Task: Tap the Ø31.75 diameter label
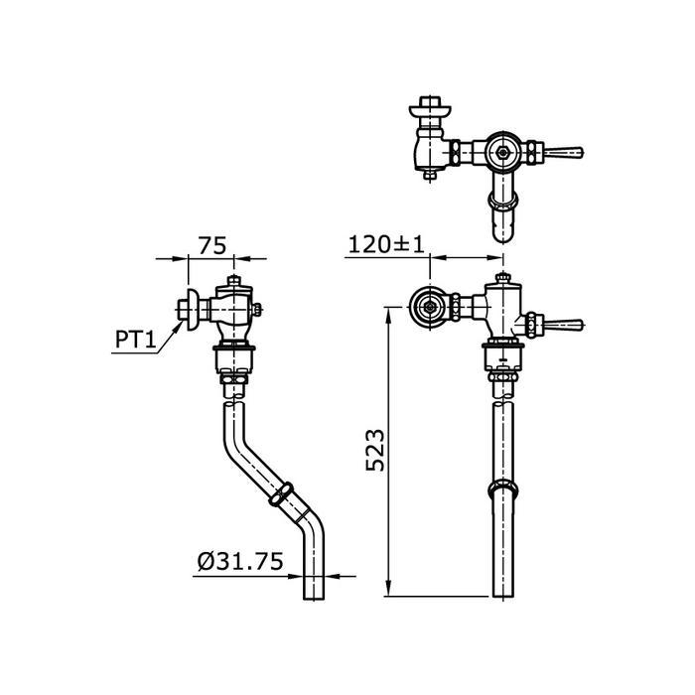239,562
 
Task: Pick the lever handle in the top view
566,153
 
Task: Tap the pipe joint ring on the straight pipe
505,491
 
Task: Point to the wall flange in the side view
188,308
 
